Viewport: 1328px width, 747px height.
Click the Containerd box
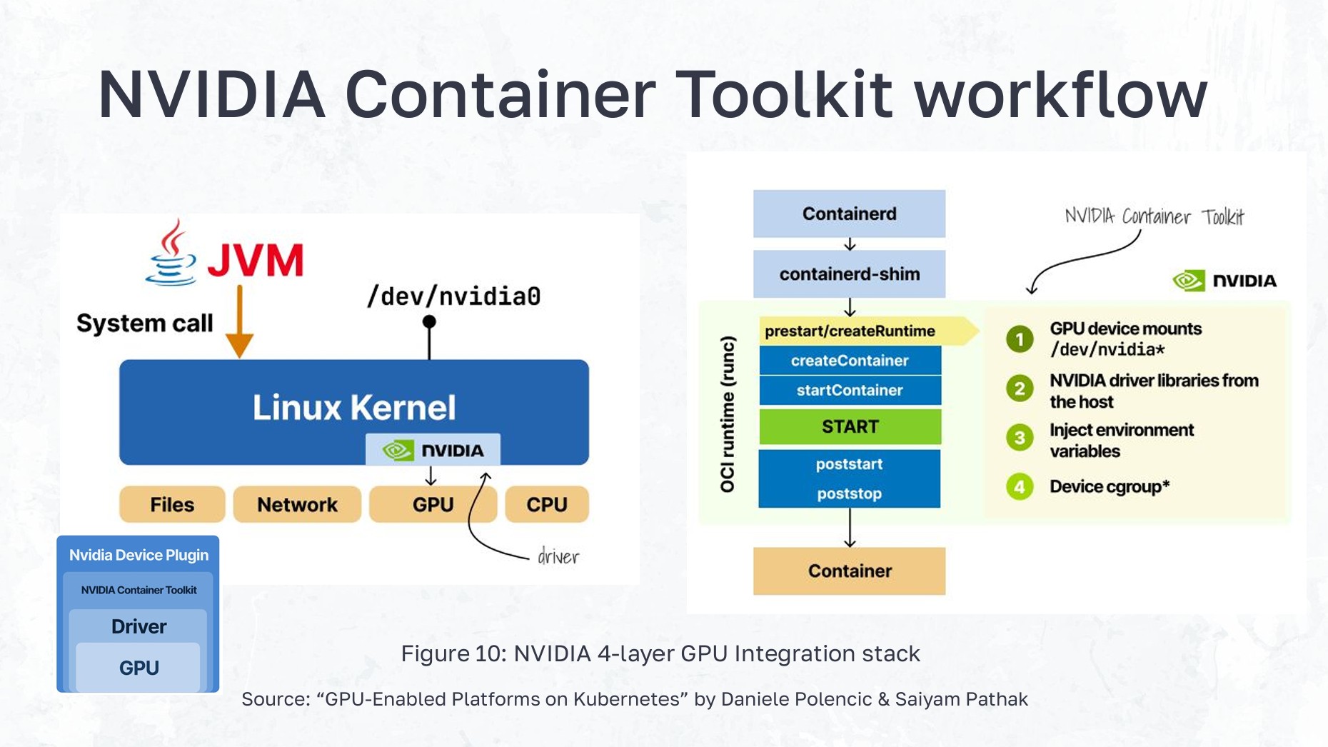click(849, 214)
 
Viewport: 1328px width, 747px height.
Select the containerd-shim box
click(849, 274)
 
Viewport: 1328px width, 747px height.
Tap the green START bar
click(849, 426)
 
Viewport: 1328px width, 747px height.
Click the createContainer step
click(849, 361)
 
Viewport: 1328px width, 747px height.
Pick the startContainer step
click(849, 390)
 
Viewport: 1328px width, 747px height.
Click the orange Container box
click(849, 571)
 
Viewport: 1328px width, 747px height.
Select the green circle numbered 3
click(1020, 438)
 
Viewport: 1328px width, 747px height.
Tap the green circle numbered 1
click(1020, 339)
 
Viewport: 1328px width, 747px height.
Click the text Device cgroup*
click(1109, 486)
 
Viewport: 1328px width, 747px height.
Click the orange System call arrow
click(239, 321)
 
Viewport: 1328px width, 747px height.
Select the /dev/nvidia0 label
click(453, 296)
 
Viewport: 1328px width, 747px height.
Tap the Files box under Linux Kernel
click(172, 504)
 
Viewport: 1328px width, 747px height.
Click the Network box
click(297, 504)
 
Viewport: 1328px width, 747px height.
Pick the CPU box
click(547, 504)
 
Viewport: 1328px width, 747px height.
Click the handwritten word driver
click(558, 557)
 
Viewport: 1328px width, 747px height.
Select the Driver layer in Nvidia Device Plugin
click(139, 626)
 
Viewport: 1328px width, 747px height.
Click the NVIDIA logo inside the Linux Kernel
click(433, 450)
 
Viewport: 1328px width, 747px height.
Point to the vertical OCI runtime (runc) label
click(727, 414)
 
